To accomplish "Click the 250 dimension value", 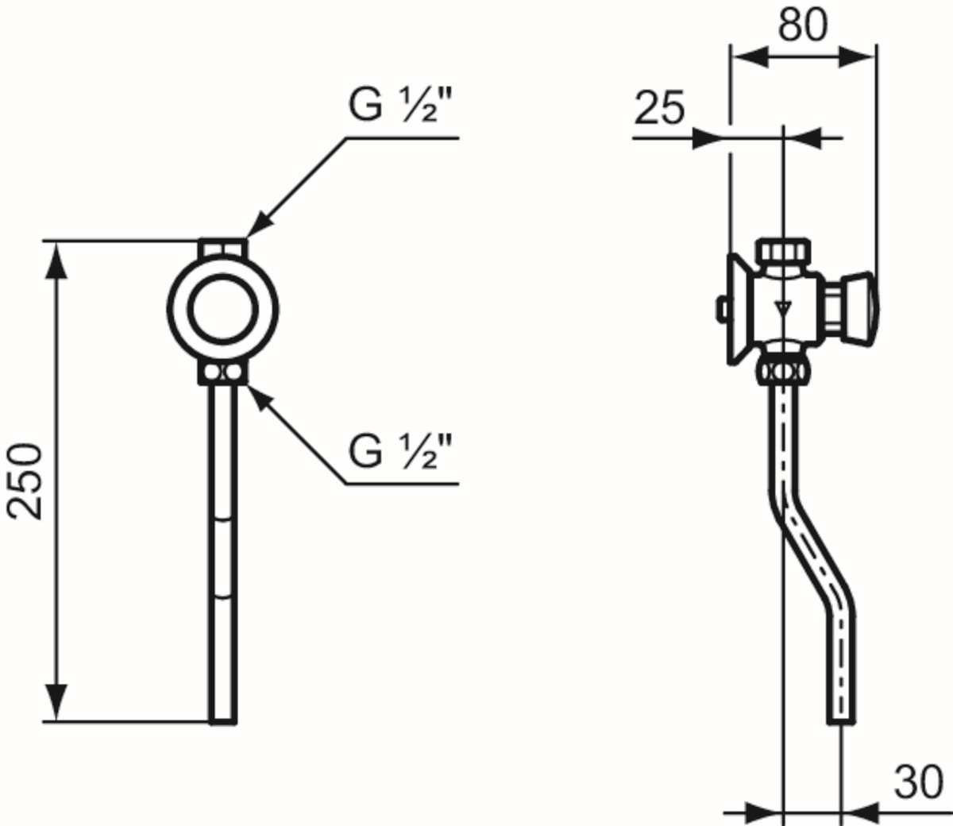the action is [x=25, y=481].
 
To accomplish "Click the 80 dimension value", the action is [x=803, y=25].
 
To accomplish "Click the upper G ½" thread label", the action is [x=400, y=106].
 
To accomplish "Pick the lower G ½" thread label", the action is [x=400, y=452].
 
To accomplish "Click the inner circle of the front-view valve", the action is [x=223, y=310].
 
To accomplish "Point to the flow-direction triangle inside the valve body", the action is [x=783, y=308].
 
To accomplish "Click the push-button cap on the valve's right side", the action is [x=860, y=308].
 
